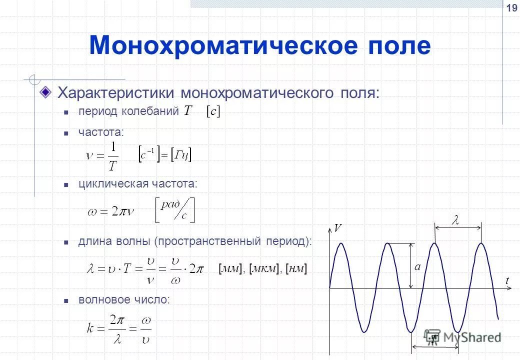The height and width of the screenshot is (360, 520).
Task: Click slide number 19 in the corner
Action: [x=511, y=8]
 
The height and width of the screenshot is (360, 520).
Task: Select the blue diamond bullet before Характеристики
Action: [x=46, y=92]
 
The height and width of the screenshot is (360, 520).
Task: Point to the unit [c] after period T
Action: [x=212, y=112]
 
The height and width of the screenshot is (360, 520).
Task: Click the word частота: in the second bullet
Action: [x=100, y=132]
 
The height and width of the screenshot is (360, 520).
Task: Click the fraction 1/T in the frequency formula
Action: [x=113, y=156]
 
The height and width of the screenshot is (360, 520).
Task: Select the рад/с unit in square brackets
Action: [x=174, y=210]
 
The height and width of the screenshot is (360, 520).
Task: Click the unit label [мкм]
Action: [x=264, y=269]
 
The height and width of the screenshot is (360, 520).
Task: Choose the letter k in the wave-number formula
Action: [x=90, y=328]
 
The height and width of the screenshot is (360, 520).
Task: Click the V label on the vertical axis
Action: [x=338, y=228]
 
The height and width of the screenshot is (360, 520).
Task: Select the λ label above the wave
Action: [x=455, y=221]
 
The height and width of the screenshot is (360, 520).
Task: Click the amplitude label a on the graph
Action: [x=417, y=267]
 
